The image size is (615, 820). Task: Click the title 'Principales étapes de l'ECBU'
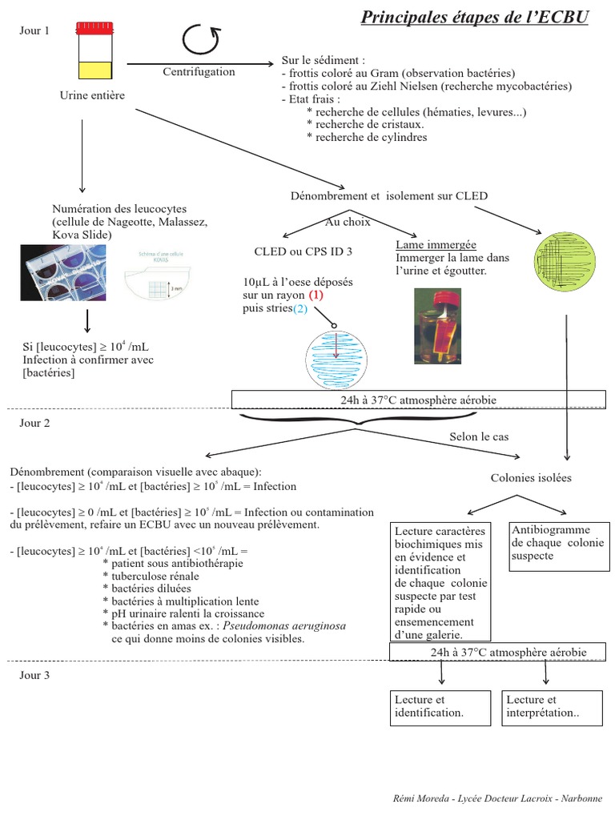point(474,17)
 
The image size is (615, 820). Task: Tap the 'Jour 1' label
point(34,30)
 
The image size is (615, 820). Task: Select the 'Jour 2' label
point(34,423)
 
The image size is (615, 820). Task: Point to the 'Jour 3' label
point(34,675)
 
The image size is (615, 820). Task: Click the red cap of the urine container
point(94,29)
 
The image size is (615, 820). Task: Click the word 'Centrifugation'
point(199,72)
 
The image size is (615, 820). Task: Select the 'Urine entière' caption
point(92,95)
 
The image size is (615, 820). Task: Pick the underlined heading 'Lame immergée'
point(436,244)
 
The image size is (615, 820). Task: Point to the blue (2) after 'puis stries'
point(299,308)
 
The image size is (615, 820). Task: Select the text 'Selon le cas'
point(478,436)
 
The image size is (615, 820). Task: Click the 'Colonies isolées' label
point(531,478)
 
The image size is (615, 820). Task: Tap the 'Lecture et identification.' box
point(439,706)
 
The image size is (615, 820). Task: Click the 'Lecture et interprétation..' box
point(551,706)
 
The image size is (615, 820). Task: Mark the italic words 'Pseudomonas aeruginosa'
point(284,625)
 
